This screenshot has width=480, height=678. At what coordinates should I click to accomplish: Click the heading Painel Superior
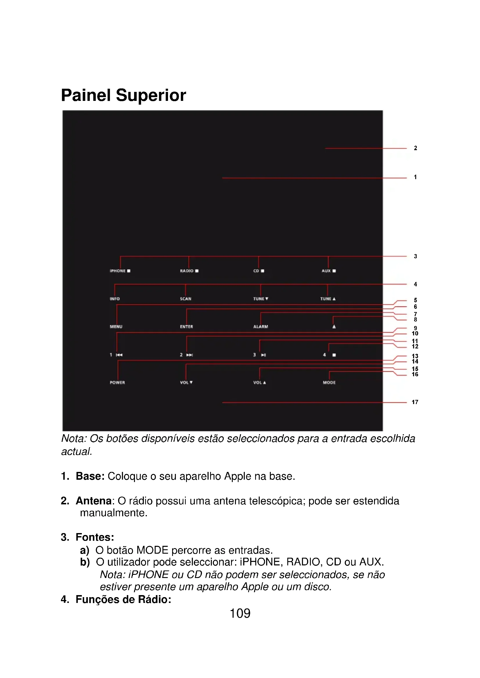123,95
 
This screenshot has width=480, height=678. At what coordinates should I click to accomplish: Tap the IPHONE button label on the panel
118,271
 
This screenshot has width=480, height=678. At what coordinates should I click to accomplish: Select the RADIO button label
187,271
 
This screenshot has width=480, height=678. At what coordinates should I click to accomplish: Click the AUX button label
326,271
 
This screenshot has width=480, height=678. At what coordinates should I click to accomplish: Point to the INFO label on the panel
115,299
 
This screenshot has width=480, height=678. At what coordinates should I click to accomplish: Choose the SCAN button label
186,299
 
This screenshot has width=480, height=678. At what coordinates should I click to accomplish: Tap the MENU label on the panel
116,327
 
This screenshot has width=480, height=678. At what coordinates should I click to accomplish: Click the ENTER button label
186,327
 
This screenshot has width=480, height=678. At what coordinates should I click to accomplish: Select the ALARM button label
260,327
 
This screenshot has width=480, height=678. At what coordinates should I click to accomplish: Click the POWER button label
117,382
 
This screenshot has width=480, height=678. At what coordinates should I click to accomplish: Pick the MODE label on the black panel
329,382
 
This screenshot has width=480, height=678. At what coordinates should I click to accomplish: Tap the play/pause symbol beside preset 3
263,355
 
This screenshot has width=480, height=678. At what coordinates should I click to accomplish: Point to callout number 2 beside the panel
415,148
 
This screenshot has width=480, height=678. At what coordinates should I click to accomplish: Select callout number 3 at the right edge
415,256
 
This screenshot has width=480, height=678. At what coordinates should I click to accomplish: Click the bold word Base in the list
90,476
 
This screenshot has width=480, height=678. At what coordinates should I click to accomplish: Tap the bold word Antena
93,501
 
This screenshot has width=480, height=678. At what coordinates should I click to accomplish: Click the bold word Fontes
94,537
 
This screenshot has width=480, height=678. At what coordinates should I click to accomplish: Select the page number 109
240,613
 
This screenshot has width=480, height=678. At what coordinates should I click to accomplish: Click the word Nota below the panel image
73,439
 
